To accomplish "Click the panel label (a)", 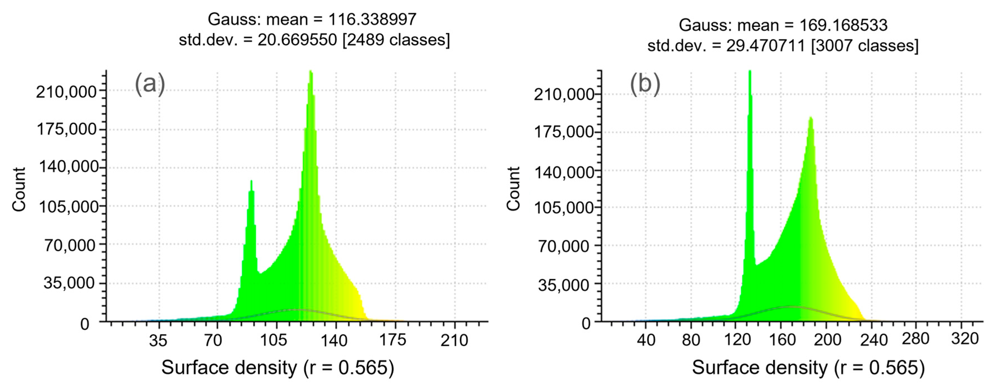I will tap(150, 84).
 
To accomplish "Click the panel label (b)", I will tap(645, 84).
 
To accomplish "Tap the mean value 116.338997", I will tap(372, 19).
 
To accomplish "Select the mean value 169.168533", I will tap(843, 25).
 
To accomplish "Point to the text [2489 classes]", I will tap(396, 40).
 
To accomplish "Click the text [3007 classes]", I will tap(865, 46).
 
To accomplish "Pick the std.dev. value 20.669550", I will tap(297, 40).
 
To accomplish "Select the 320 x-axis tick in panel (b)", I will tap(964, 339).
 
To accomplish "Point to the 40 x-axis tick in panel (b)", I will tap(646, 340).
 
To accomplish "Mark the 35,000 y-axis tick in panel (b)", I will tap(563, 285).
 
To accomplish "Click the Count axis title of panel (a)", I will tap(19, 189).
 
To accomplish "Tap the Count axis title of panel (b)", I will tap(513, 189).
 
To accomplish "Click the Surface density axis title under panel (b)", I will tap(808, 368).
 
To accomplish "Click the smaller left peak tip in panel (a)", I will tap(251, 181).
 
